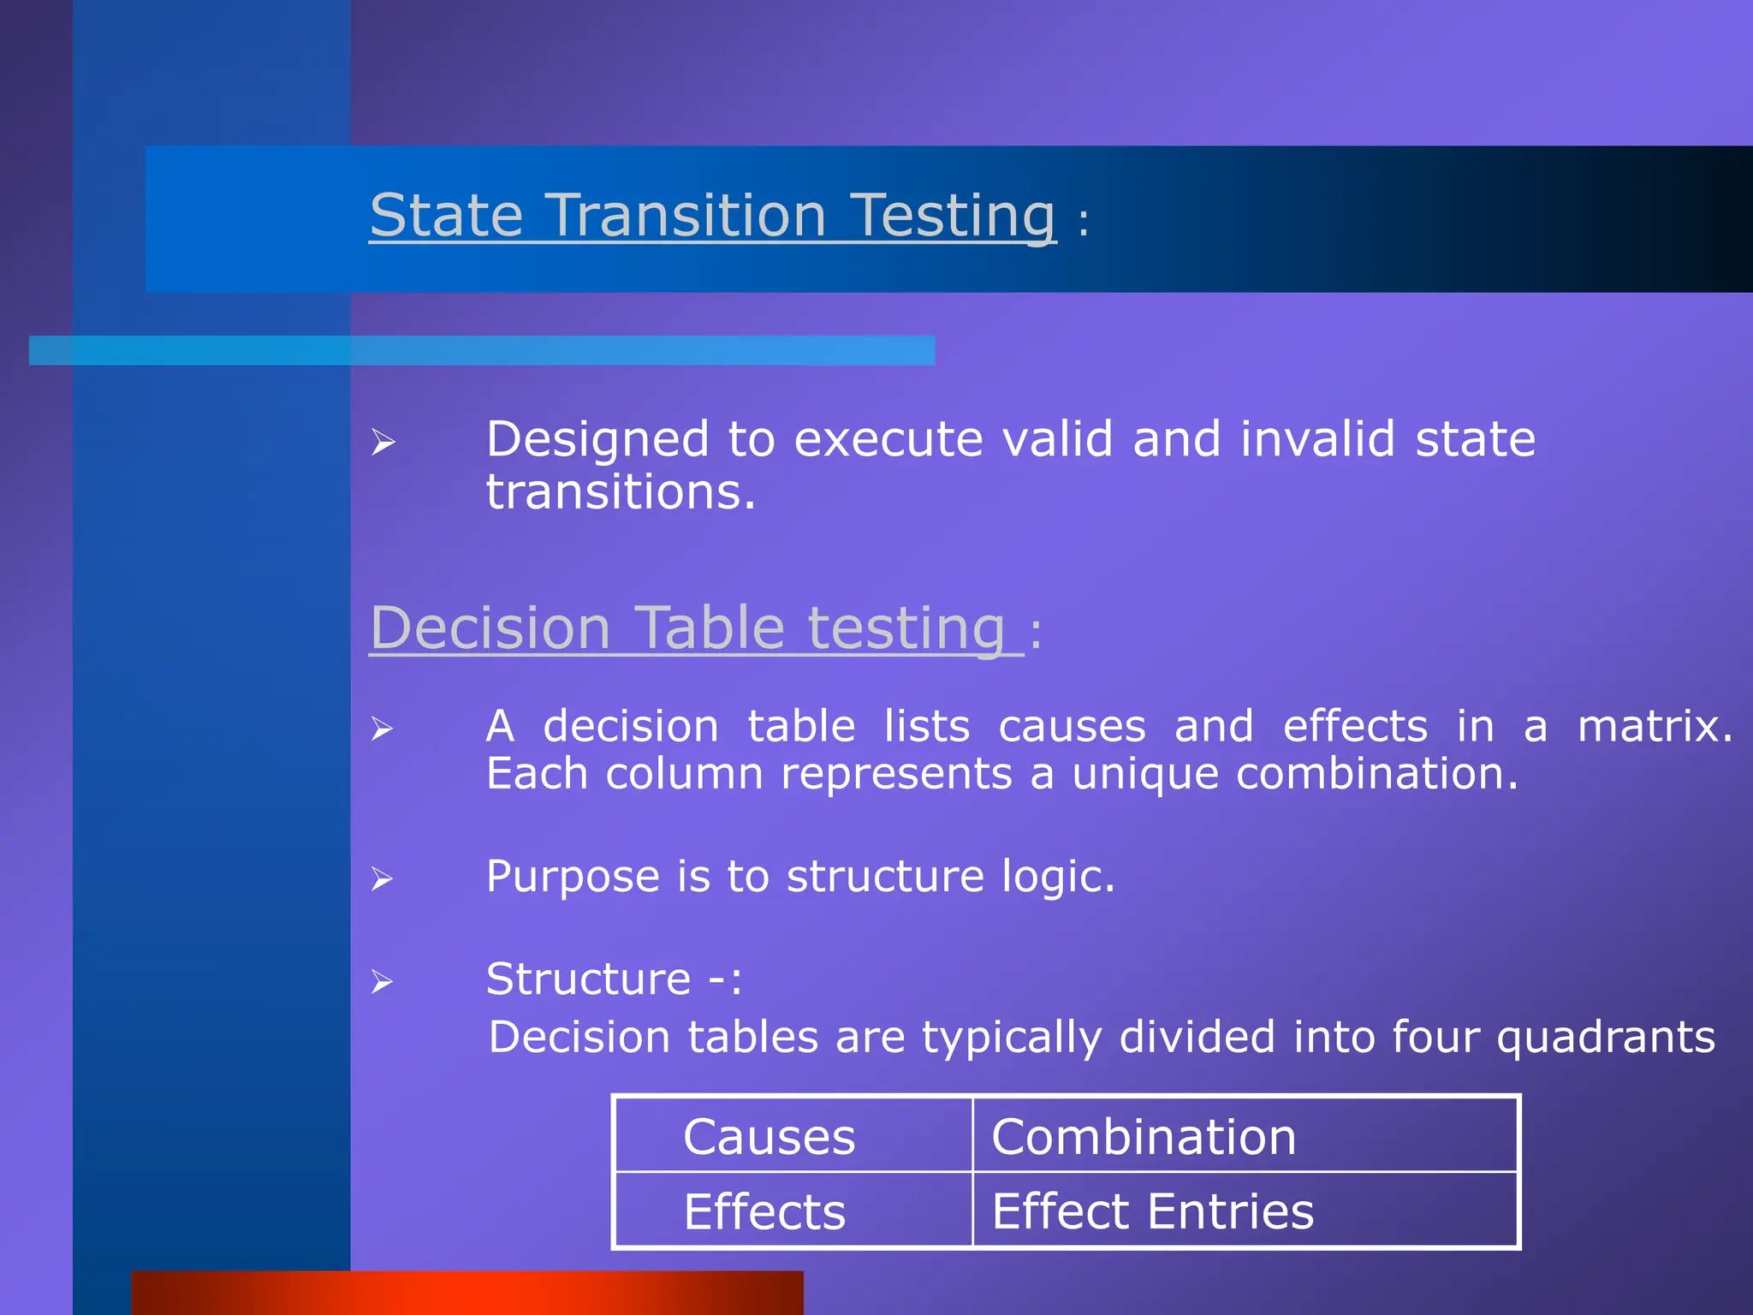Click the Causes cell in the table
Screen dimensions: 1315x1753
tap(769, 1137)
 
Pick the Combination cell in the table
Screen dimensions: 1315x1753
tap(1144, 1137)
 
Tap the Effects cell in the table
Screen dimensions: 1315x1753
tap(764, 1211)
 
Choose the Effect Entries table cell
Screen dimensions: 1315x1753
tap(1152, 1211)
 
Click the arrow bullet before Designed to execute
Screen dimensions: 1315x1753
tap(383, 443)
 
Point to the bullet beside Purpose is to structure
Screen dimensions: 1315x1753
tap(382, 879)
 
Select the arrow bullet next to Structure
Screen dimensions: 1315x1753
tap(382, 982)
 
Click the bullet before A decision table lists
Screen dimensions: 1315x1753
tap(382, 729)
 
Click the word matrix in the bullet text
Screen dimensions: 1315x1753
tap(1653, 726)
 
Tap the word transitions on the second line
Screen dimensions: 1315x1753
tap(621, 492)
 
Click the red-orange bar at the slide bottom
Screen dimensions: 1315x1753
tap(467, 1293)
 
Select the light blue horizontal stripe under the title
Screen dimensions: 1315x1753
tap(481, 350)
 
